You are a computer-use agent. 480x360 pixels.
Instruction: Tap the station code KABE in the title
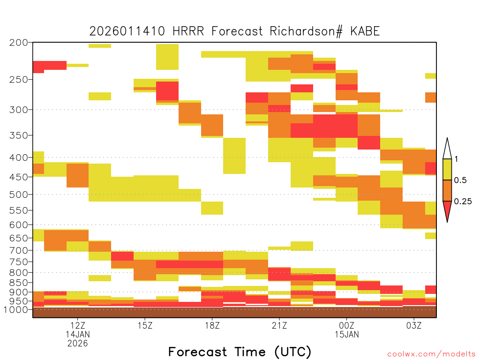pos(365,31)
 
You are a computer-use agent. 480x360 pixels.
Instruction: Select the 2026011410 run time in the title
pos(127,31)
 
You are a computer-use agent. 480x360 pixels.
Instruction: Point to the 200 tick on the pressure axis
pos(18,43)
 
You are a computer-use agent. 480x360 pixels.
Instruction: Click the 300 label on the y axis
pos(18,110)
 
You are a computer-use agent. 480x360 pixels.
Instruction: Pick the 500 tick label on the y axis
pos(18,195)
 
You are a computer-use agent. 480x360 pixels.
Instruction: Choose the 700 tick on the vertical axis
pos(18,250)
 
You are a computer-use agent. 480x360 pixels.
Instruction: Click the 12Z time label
pos(77,325)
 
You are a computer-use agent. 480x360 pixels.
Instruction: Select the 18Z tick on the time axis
pos(212,325)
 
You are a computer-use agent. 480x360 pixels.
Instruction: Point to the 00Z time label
pos(346,325)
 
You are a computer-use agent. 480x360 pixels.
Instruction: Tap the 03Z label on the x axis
pos(414,325)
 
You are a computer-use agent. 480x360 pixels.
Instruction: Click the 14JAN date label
pos(77,334)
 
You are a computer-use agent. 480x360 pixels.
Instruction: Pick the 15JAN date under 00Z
pos(346,334)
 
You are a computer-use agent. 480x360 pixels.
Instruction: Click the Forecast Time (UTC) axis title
pos(240,352)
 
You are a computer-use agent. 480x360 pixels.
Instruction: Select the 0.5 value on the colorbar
pos(460,180)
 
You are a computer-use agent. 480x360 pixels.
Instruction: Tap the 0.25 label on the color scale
pos(463,201)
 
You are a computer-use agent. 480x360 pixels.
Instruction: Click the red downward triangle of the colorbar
pos(447,210)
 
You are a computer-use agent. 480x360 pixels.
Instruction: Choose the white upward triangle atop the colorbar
pos(447,149)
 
